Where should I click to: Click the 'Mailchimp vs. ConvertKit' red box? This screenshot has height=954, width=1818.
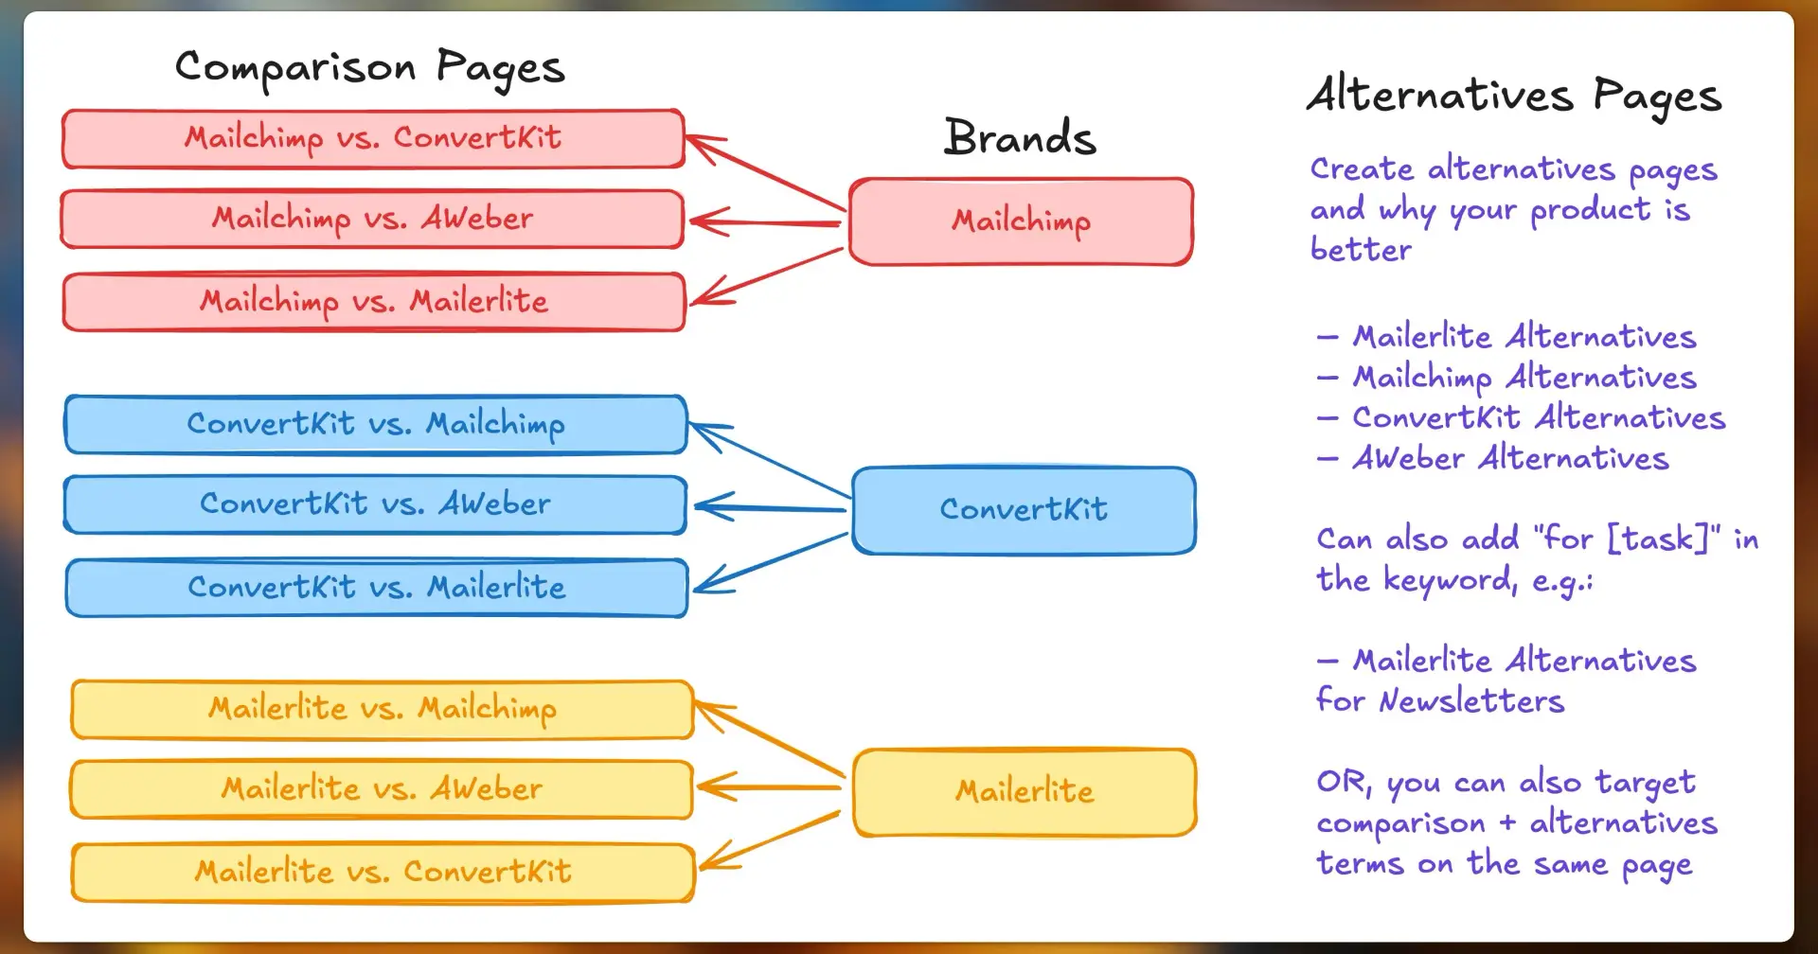click(373, 139)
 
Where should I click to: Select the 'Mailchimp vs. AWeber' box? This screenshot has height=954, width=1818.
click(372, 220)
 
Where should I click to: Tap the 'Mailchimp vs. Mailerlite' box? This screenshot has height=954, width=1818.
click(374, 302)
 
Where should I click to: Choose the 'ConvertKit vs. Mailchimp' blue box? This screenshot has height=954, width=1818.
click(376, 424)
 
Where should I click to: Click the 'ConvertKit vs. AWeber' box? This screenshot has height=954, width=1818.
click(375, 504)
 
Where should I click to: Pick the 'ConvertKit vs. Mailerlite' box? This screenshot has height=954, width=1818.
click(377, 588)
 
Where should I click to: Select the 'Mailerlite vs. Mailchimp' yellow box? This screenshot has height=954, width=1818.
click(383, 709)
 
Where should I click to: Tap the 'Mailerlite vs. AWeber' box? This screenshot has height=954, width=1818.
click(382, 789)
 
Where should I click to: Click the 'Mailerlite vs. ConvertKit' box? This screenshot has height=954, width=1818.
click(383, 872)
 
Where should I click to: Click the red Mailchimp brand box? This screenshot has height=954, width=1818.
click(1021, 221)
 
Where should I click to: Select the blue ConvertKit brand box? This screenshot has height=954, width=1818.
click(1024, 510)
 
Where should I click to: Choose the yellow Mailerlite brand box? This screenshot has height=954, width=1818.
click(1025, 791)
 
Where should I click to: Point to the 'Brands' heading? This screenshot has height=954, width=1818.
click(1020, 138)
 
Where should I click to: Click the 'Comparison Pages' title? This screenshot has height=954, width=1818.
click(369, 68)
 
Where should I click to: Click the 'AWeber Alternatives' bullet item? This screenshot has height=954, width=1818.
click(1509, 459)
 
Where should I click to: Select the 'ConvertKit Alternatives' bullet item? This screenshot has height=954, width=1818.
click(1538, 418)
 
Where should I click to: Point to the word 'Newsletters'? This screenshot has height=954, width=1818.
click(1471, 701)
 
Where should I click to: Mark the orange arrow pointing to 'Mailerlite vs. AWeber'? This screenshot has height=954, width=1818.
click(769, 786)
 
